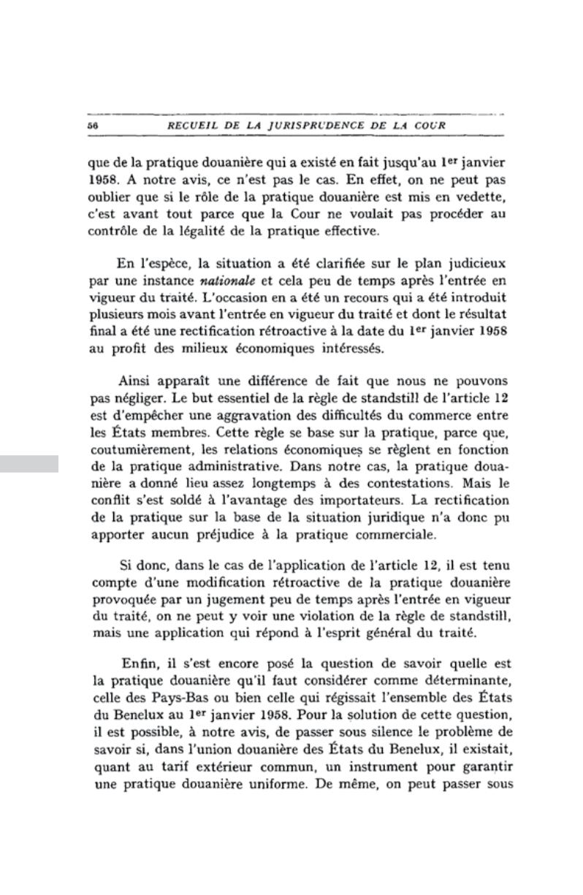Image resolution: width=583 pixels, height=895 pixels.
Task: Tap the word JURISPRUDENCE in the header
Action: (313, 126)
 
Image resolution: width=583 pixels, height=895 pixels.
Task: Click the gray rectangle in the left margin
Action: (29, 463)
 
